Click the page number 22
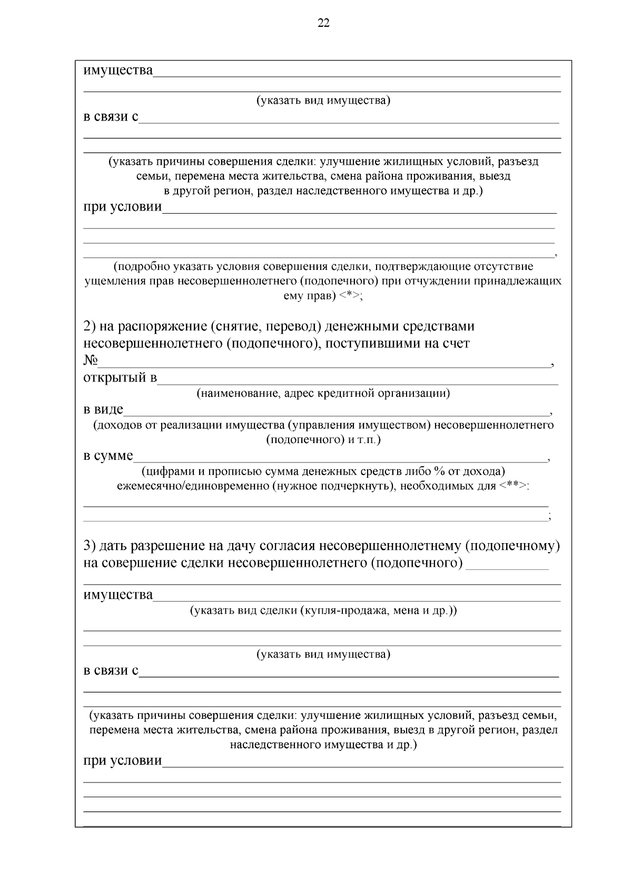pos(323,23)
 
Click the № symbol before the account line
pos(91,360)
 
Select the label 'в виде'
pos(103,409)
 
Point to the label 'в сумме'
pos(108,455)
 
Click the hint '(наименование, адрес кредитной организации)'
pos(323,393)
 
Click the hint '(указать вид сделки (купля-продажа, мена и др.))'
pos(323,610)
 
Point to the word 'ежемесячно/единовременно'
pos(193,485)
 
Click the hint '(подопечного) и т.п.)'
pos(323,439)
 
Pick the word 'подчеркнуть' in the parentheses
pos(361,485)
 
